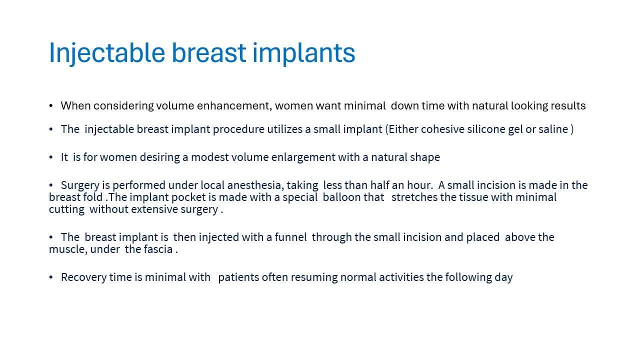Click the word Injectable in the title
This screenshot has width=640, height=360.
click(x=107, y=53)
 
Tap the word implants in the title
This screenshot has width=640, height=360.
click(x=304, y=53)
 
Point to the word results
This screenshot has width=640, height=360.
click(x=568, y=105)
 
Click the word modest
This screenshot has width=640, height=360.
click(x=210, y=157)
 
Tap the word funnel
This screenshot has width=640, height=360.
click(x=291, y=237)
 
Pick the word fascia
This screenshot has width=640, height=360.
click(x=158, y=249)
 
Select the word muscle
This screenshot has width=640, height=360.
click(x=68, y=249)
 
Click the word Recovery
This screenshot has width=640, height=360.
click(x=83, y=277)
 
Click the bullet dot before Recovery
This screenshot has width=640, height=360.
click(x=51, y=277)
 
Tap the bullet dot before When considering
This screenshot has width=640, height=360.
click(x=51, y=105)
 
